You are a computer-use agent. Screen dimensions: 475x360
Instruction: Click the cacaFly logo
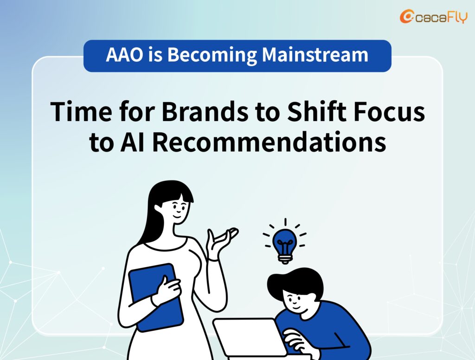(x=434, y=17)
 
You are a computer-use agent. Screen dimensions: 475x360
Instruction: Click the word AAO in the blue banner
(x=124, y=55)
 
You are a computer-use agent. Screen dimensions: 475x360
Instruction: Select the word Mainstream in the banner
(x=315, y=55)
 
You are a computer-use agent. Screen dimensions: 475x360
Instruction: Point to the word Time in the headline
(x=81, y=111)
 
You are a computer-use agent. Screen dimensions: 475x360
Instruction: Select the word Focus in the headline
(x=389, y=111)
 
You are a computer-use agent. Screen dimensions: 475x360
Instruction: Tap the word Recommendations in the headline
(x=269, y=142)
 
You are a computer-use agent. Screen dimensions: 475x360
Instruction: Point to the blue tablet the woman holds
(x=156, y=297)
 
